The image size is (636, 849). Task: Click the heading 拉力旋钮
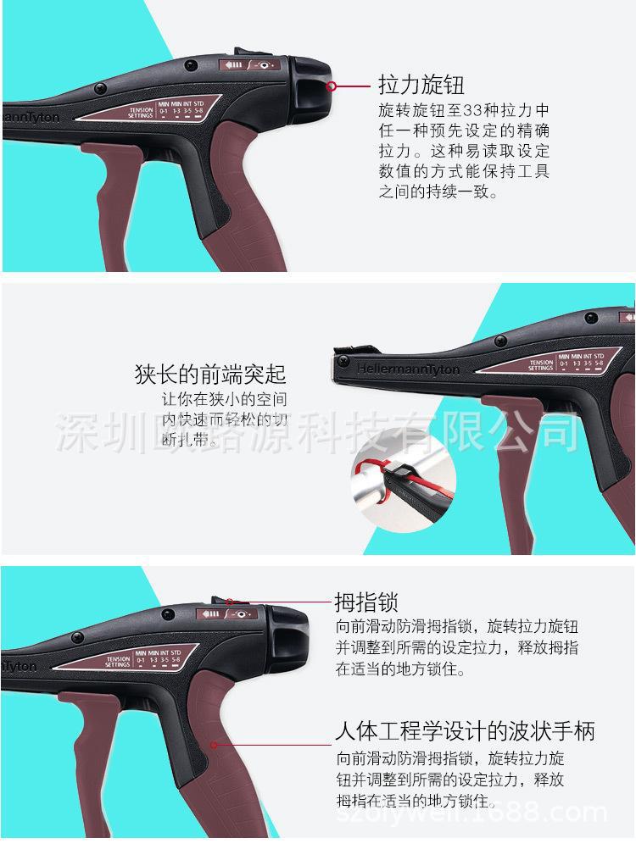pyautogui.click(x=421, y=86)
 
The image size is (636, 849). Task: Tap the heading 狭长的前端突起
pyautogui.click(x=210, y=374)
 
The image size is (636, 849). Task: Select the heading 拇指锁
pyautogui.click(x=366, y=602)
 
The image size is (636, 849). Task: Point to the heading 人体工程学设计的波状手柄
pyautogui.click(x=465, y=730)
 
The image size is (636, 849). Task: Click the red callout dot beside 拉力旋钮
pyautogui.click(x=333, y=86)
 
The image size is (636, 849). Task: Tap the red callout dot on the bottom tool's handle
pyautogui.click(x=215, y=746)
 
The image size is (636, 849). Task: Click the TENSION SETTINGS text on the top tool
pyautogui.click(x=141, y=114)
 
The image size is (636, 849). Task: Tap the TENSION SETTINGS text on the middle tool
pyautogui.click(x=540, y=364)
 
